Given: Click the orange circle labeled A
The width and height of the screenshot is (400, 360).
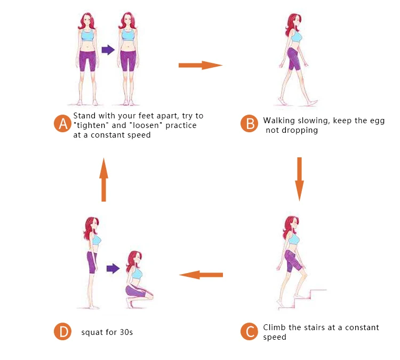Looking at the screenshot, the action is [62, 124].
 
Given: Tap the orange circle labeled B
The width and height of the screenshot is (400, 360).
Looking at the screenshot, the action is [249, 124].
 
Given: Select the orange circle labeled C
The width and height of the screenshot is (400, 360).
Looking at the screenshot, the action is [249, 331].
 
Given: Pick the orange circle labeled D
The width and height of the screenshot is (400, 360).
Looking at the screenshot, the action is [62, 331].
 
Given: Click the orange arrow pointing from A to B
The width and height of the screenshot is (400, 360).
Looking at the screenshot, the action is [201, 65].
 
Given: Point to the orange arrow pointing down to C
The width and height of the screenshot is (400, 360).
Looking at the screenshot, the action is [300, 179].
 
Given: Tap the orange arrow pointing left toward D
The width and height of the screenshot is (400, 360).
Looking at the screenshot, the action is [201, 275].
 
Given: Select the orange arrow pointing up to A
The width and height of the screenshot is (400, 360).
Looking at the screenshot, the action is [103, 180].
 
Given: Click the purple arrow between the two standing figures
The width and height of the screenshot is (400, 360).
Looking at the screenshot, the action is [108, 50].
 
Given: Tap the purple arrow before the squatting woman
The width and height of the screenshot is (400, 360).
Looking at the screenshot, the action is [113, 268].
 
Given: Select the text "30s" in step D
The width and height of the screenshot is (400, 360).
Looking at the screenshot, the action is [126, 332].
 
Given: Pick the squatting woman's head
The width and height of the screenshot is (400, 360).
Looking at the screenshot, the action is [134, 261].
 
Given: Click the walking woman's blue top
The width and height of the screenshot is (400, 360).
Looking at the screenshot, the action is [296, 36].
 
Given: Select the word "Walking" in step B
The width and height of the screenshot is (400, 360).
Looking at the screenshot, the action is [279, 121].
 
